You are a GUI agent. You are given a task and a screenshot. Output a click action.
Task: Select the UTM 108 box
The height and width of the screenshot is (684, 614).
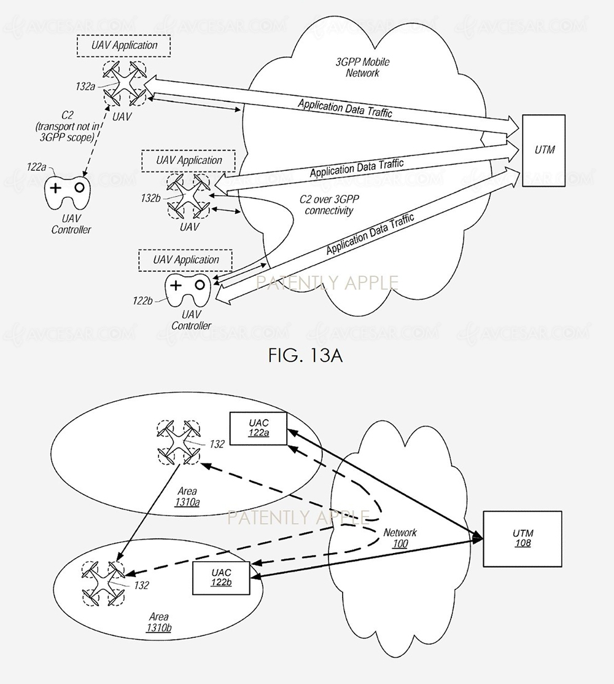[x=522, y=538]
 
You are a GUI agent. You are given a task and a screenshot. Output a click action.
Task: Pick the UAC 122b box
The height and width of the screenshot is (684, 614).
[x=220, y=578]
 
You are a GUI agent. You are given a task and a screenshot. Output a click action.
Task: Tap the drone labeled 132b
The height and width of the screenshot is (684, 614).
[x=188, y=195]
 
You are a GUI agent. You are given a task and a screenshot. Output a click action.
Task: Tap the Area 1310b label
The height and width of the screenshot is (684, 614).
[x=158, y=622]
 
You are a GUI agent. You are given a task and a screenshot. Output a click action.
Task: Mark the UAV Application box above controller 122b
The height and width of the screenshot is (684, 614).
[x=185, y=260]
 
